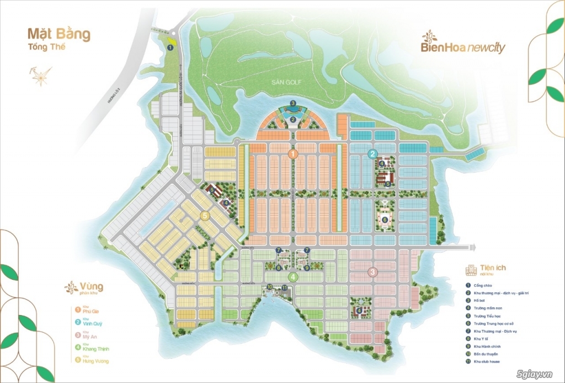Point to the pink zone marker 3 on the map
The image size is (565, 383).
[373, 271]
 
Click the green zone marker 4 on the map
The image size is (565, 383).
[294, 277]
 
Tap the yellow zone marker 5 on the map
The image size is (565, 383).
[205, 216]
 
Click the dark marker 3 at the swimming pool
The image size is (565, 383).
[294, 103]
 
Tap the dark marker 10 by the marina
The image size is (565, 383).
[270, 287]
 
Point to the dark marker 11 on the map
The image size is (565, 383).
[285, 287]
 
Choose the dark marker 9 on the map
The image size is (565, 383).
[307, 268]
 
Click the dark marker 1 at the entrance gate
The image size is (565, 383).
[170, 47]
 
